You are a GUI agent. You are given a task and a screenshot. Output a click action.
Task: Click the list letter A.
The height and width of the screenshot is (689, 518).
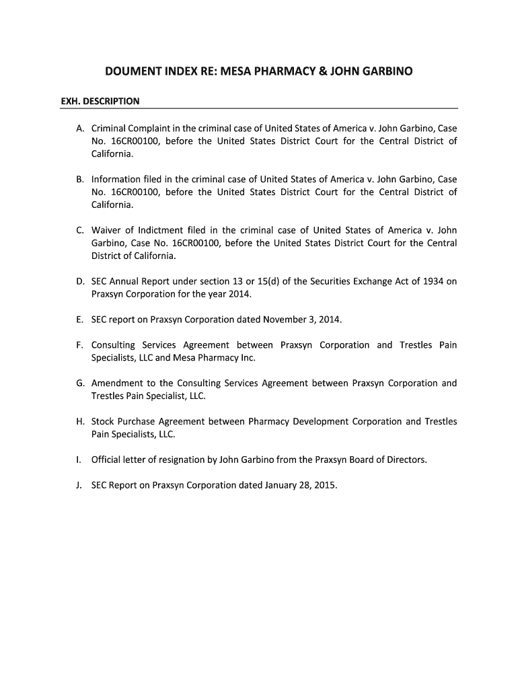[81, 129]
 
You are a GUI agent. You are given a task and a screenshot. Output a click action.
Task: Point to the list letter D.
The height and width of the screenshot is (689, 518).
[81, 282]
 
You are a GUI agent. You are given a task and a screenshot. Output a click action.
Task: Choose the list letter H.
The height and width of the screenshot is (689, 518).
[81, 422]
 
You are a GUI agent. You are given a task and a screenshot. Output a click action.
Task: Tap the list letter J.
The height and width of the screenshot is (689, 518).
[80, 485]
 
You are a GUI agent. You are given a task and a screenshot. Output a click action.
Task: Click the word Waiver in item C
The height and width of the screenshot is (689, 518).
[106, 231]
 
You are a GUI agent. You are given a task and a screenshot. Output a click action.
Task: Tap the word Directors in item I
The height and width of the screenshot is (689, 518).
[406, 460]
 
